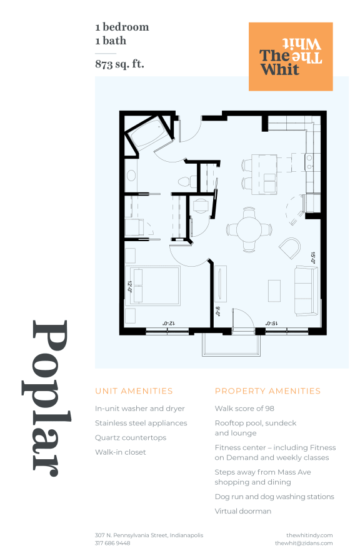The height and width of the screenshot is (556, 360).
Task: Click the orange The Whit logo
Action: (x=291, y=56)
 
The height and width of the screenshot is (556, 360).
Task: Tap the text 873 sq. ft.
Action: (x=119, y=64)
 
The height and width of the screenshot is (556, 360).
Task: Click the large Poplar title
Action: (x=47, y=398)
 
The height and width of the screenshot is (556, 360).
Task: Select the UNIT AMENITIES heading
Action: (x=134, y=390)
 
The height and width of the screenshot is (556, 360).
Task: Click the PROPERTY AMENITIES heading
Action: (x=267, y=390)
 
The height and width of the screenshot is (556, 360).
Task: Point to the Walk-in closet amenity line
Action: (x=120, y=452)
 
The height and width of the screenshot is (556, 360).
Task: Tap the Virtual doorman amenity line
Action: (x=243, y=511)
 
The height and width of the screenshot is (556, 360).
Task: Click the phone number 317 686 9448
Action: (x=112, y=543)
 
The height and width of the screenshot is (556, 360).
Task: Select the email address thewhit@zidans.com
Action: (x=304, y=543)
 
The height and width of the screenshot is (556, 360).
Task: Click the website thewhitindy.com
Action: (x=309, y=535)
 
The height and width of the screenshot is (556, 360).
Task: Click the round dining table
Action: (x=249, y=229)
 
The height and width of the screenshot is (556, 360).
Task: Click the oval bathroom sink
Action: (x=131, y=175)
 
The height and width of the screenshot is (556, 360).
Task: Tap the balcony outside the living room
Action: (x=231, y=345)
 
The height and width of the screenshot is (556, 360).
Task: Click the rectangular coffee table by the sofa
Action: (x=274, y=290)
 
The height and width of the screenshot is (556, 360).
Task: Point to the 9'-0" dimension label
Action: (x=217, y=311)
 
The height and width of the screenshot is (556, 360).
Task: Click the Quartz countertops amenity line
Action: (x=131, y=437)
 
